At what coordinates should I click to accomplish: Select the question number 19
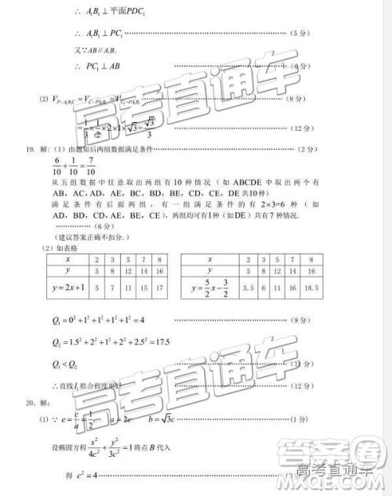[31, 149]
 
